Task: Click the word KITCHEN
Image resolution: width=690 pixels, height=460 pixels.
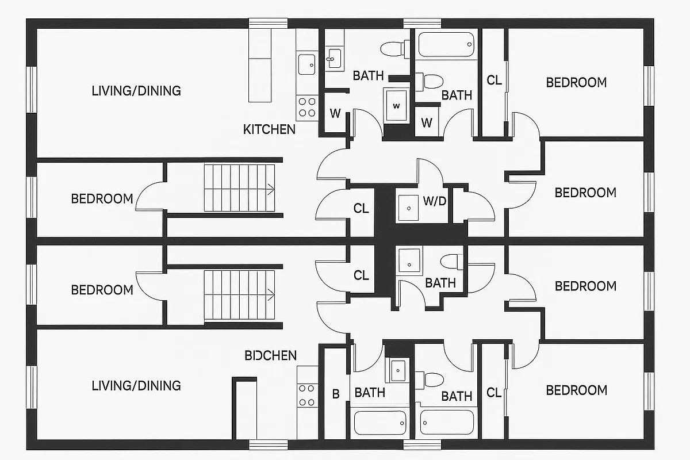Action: pyautogui.click(x=269, y=129)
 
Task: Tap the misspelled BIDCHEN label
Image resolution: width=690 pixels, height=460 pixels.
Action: pyautogui.click(x=270, y=355)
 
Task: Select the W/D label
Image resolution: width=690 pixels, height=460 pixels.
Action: pyautogui.click(x=435, y=201)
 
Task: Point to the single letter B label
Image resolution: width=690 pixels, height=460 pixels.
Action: pyautogui.click(x=336, y=394)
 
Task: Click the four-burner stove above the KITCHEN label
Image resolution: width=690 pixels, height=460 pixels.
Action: pyautogui.click(x=307, y=107)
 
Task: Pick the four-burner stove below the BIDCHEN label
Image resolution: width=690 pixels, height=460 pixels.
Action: pyautogui.click(x=307, y=395)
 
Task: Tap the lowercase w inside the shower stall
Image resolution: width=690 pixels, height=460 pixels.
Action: pyautogui.click(x=396, y=106)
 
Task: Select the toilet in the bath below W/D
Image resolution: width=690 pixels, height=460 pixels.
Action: pyautogui.click(x=452, y=262)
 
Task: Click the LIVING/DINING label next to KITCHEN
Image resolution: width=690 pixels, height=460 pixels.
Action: pyautogui.click(x=136, y=91)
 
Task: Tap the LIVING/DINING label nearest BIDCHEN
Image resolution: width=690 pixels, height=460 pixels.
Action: pyautogui.click(x=136, y=385)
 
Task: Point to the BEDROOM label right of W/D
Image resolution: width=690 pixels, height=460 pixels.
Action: pyautogui.click(x=585, y=193)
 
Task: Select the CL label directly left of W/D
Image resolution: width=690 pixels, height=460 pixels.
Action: pyautogui.click(x=361, y=209)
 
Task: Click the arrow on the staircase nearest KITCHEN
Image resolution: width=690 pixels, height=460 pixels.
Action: pyautogui.click(x=269, y=188)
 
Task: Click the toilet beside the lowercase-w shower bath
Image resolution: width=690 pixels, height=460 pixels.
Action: pyautogui.click(x=392, y=48)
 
